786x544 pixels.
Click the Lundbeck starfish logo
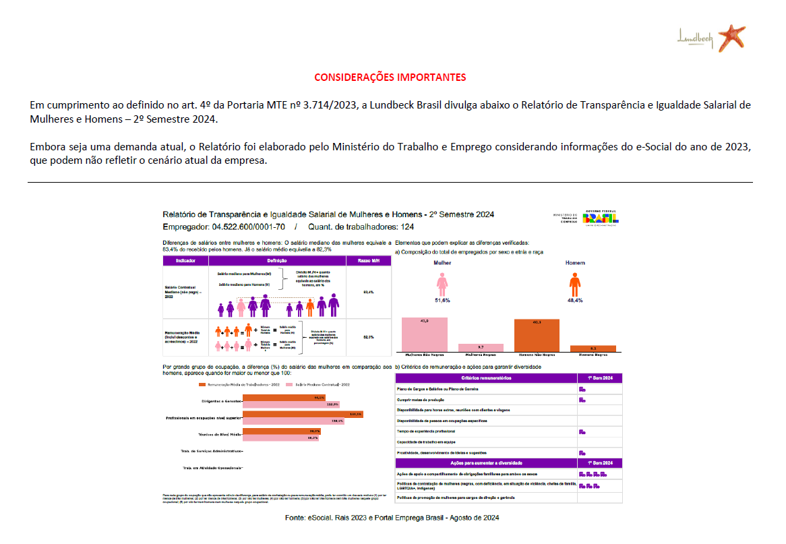point(731,37)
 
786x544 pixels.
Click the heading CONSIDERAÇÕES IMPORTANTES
point(390,77)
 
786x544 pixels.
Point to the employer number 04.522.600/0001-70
point(249,227)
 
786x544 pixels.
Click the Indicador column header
point(185,260)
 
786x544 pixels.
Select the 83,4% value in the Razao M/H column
point(368,292)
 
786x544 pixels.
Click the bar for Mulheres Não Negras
point(424,334)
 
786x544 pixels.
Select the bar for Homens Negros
point(593,349)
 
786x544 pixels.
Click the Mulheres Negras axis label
point(480,354)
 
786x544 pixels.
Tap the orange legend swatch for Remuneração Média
point(202,384)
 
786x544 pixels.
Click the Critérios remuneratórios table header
point(486,378)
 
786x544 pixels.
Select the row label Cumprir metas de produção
point(429,400)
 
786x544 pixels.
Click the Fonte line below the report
point(392,518)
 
